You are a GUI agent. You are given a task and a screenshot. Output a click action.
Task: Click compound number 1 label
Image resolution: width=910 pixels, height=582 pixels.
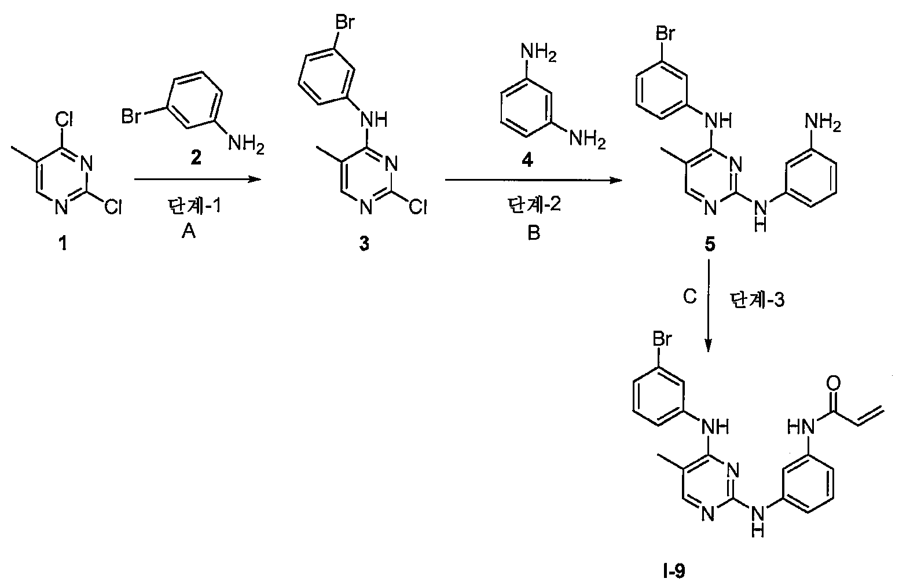pos(63,244)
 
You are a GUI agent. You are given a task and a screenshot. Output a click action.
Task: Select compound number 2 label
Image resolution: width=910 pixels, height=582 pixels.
pos(196,158)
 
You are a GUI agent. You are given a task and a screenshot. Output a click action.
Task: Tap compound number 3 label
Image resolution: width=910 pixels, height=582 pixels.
pos(365,244)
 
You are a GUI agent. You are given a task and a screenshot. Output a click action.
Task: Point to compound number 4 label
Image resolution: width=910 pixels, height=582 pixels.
pos(527,160)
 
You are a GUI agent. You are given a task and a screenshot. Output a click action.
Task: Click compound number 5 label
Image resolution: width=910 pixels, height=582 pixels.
pos(710,244)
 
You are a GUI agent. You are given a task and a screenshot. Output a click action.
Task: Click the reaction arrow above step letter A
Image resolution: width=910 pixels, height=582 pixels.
pos(197,179)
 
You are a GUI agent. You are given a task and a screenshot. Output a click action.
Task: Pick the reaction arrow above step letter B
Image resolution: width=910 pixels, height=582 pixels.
pos(534,180)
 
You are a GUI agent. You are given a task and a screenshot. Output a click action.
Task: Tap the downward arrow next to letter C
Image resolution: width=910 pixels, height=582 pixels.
pos(708,305)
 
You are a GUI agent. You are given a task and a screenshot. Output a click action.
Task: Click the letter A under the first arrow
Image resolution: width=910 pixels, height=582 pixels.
pos(189,232)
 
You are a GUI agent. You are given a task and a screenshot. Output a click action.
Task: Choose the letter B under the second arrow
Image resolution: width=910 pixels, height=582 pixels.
pos(534,233)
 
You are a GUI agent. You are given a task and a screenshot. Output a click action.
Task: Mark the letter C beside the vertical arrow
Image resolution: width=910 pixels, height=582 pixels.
pos(690,297)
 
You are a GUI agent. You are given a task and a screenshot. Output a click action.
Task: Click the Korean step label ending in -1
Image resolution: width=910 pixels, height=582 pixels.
pos(195,206)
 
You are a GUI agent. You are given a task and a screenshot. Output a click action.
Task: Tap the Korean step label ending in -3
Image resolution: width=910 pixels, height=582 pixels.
pos(757,301)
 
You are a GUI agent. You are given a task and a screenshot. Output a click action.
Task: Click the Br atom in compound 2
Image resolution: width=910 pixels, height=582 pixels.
pos(131,116)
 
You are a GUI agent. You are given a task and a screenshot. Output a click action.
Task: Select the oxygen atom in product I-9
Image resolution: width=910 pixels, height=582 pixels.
pos(833,383)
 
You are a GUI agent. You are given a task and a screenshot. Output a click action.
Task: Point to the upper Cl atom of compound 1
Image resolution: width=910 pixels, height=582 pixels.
pos(64,119)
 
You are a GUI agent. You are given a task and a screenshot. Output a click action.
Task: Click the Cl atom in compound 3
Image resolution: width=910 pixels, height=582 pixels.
pos(417,208)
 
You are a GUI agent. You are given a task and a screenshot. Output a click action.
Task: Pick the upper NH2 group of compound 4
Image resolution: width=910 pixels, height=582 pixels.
pos(538,53)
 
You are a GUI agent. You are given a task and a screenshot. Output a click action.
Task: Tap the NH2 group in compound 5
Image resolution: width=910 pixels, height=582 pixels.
pos(823,122)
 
